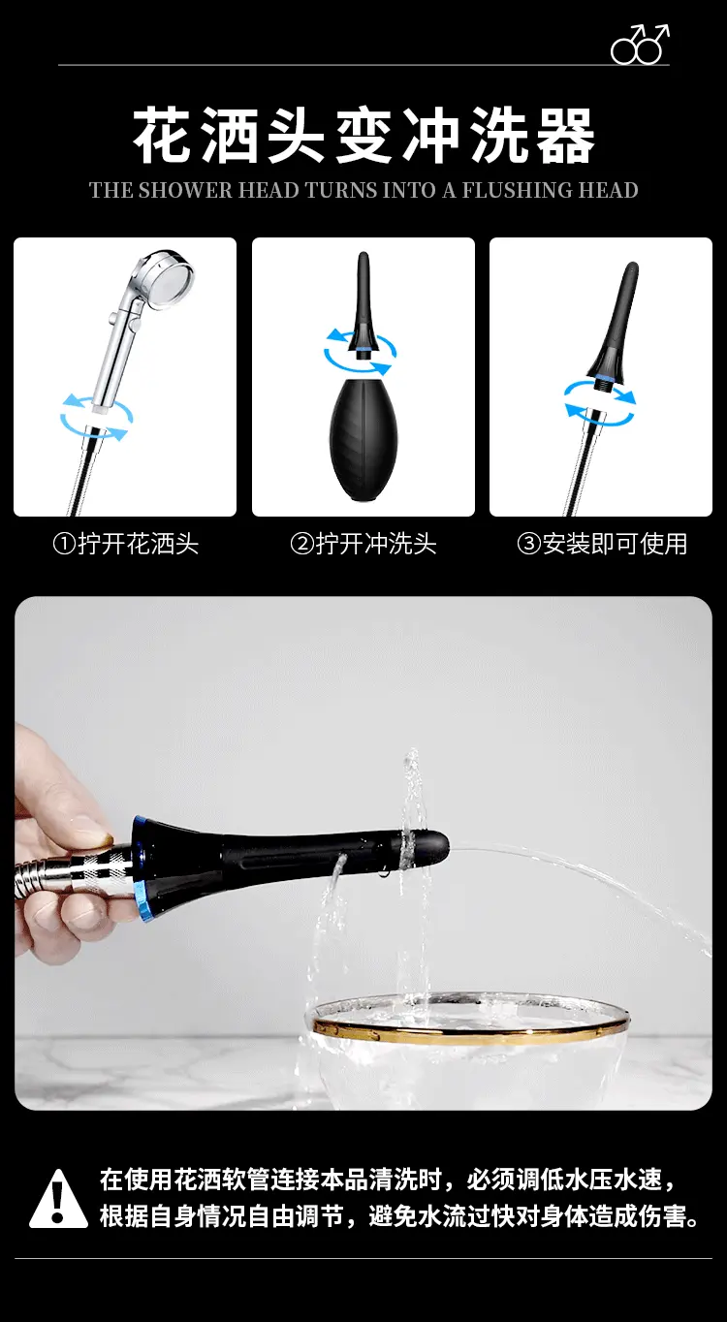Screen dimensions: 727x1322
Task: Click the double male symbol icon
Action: point(640,44)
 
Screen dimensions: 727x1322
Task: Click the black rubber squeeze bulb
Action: point(363,441)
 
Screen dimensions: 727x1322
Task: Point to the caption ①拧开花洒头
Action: point(126,544)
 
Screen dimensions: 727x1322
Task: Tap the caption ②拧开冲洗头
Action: point(363,544)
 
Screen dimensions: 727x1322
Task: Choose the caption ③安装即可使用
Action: point(602,544)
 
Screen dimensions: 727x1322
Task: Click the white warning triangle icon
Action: point(58,1198)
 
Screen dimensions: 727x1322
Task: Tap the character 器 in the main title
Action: point(565,135)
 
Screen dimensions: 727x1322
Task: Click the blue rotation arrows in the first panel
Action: point(97,416)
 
